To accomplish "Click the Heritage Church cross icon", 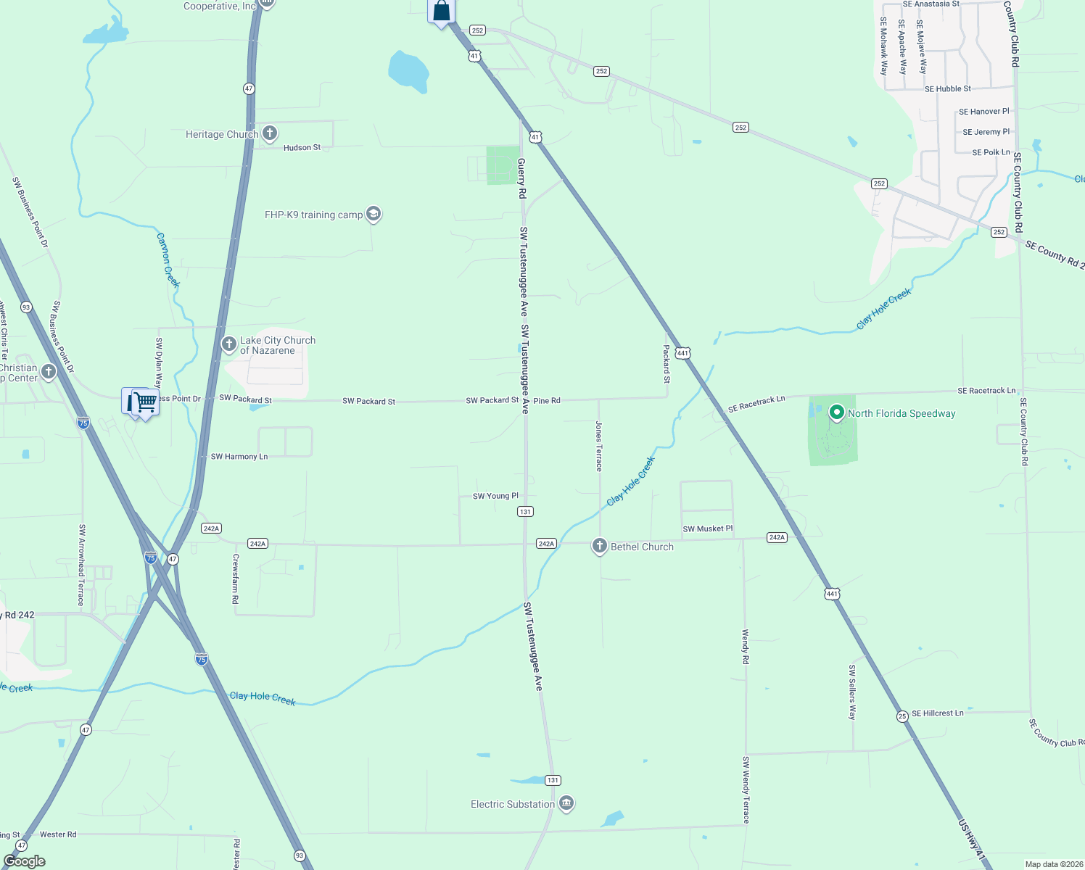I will [270, 133].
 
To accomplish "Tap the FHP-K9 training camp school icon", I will [374, 214].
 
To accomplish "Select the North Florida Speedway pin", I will [836, 413].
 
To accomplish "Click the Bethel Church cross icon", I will [599, 546].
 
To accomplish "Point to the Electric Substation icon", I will [566, 803].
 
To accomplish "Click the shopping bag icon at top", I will [441, 12].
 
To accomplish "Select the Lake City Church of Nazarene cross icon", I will [228, 344].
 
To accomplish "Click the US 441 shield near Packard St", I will [682, 353].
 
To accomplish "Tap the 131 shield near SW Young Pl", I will [525, 511].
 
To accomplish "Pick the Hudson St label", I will [302, 147].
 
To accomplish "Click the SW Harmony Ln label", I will [239, 457].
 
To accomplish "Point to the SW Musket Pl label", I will [707, 529].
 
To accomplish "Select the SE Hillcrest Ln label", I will [938, 713].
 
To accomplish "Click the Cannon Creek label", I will [168, 260].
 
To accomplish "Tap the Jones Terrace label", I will [599, 446].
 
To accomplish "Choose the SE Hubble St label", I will [947, 88].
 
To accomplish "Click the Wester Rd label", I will [58, 834].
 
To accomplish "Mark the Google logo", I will [24, 861].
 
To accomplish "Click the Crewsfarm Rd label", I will [235, 579].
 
